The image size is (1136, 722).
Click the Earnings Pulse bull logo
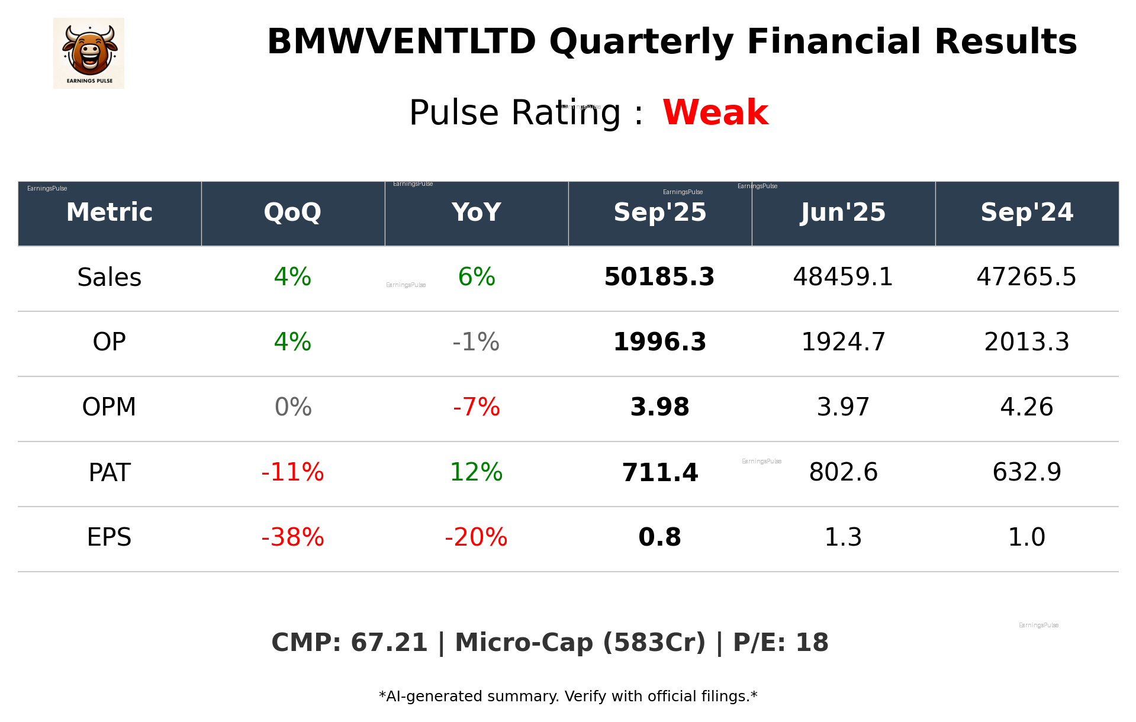[89, 53]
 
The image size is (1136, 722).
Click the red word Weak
[715, 112]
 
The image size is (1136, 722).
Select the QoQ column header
[292, 212]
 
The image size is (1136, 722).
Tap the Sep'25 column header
[659, 212]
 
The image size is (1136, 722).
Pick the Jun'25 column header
[843, 212]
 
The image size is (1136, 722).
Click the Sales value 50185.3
[659, 277]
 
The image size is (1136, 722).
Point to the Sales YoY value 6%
[477, 277]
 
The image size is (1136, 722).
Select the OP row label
[109, 342]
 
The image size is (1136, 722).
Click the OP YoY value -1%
[476, 342]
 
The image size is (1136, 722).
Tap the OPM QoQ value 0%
[293, 407]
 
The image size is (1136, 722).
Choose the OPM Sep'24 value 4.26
[1026, 407]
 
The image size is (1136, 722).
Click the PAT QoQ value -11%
[292, 472]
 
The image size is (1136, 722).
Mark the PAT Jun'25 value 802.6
[843, 472]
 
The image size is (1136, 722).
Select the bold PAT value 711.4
[659, 472]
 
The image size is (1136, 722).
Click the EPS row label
[109, 537]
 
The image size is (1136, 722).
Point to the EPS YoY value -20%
[476, 537]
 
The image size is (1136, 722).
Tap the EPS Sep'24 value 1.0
[1026, 537]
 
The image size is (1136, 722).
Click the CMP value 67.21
[389, 643]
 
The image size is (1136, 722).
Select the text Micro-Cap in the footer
[523, 643]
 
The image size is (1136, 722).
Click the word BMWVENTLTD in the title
[401, 42]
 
